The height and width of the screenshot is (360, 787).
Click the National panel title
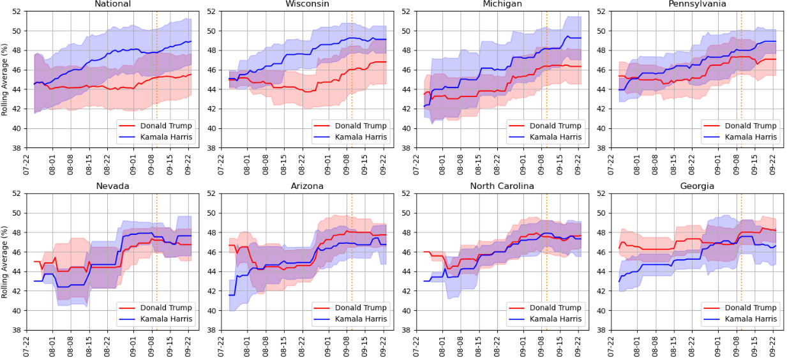[112, 4]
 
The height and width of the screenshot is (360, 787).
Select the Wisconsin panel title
[307, 4]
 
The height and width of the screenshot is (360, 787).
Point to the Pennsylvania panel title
[696, 4]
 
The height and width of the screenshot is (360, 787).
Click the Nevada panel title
[112, 186]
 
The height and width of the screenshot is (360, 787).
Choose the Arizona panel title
[307, 186]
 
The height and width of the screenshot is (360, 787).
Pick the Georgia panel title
[696, 186]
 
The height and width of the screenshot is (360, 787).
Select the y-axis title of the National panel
[5, 80]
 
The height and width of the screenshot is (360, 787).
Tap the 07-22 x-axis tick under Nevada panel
[27, 346]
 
